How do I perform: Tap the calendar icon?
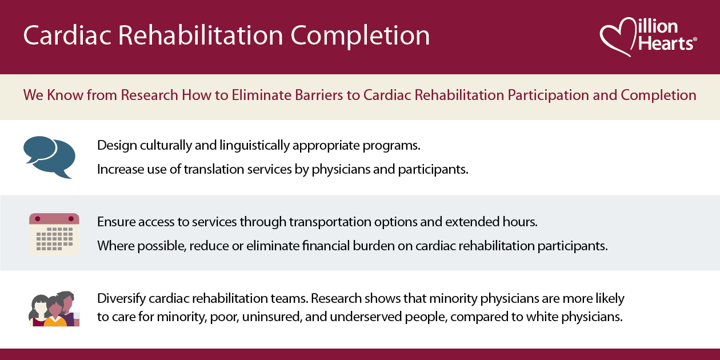tap(54, 234)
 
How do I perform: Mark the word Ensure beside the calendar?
tap(114, 221)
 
